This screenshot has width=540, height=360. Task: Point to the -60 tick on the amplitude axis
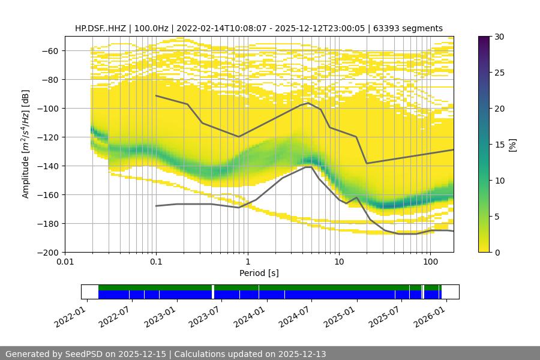click(x=49, y=51)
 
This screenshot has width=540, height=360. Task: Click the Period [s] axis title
click(x=259, y=274)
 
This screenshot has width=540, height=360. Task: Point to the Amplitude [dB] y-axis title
click(x=25, y=144)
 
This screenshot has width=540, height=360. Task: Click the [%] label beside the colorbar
click(x=512, y=145)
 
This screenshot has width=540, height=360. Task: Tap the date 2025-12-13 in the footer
click(x=301, y=354)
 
